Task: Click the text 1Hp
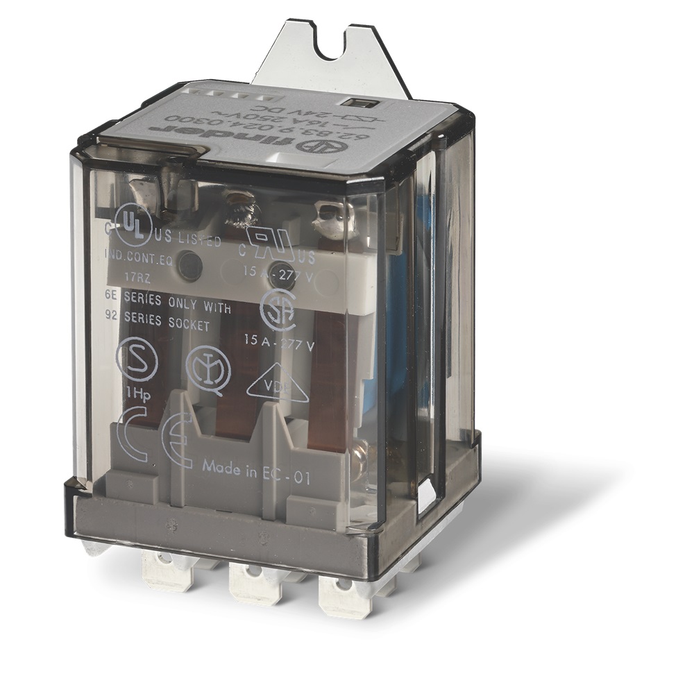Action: [133, 393]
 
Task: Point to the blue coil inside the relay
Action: [398, 298]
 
